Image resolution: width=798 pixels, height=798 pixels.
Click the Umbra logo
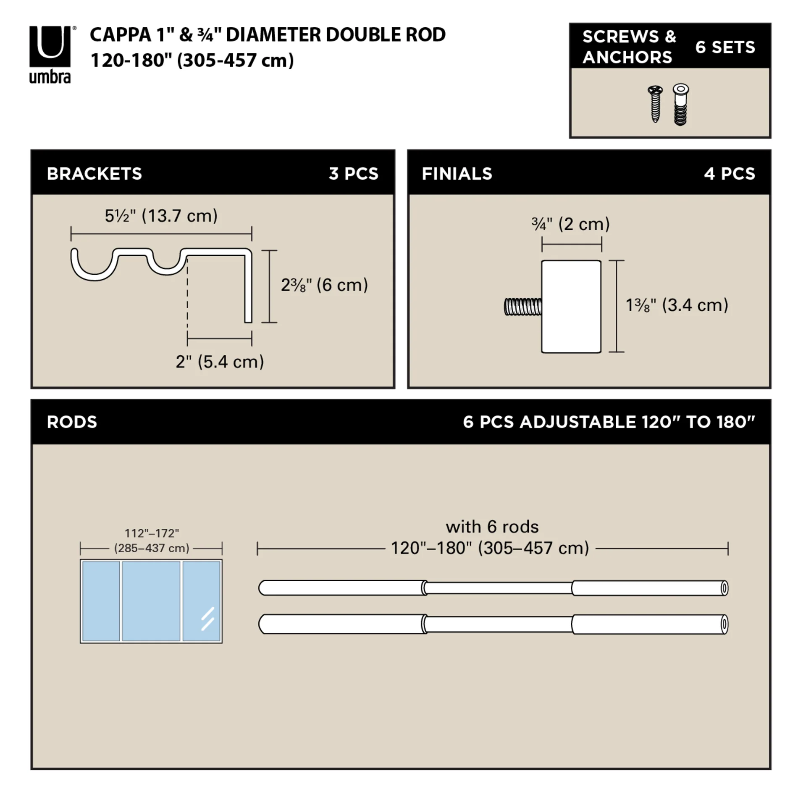coord(50,54)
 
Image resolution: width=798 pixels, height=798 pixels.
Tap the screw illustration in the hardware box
coord(655,104)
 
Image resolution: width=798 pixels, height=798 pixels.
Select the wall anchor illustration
coord(680,105)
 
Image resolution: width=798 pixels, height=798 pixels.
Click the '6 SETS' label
coord(725,47)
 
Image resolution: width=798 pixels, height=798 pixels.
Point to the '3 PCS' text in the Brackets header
coord(353,173)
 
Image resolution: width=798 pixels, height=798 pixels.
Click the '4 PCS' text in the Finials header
coord(730,173)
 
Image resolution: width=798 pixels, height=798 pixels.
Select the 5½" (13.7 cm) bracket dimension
coord(161,216)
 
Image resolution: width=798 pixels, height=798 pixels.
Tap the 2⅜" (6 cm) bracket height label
coord(324,285)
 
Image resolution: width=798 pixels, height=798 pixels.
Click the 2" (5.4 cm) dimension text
coord(220,362)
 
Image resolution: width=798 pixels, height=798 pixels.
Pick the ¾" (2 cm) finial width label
coord(570,224)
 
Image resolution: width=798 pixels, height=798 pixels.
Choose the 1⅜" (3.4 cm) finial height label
coord(677,305)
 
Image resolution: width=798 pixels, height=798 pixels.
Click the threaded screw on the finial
coord(523,307)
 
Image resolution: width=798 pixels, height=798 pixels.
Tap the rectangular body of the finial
coord(571,307)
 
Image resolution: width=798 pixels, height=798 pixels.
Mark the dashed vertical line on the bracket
coord(187,298)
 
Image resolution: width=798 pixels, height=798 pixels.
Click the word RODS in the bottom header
coord(72,422)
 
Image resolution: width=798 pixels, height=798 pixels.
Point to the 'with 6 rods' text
coord(492,527)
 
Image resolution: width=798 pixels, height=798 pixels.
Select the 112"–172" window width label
coord(152,533)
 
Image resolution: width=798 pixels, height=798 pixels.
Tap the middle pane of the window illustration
coord(151,601)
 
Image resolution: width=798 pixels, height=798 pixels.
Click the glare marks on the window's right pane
coord(207,619)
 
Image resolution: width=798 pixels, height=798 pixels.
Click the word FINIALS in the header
coord(457,173)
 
